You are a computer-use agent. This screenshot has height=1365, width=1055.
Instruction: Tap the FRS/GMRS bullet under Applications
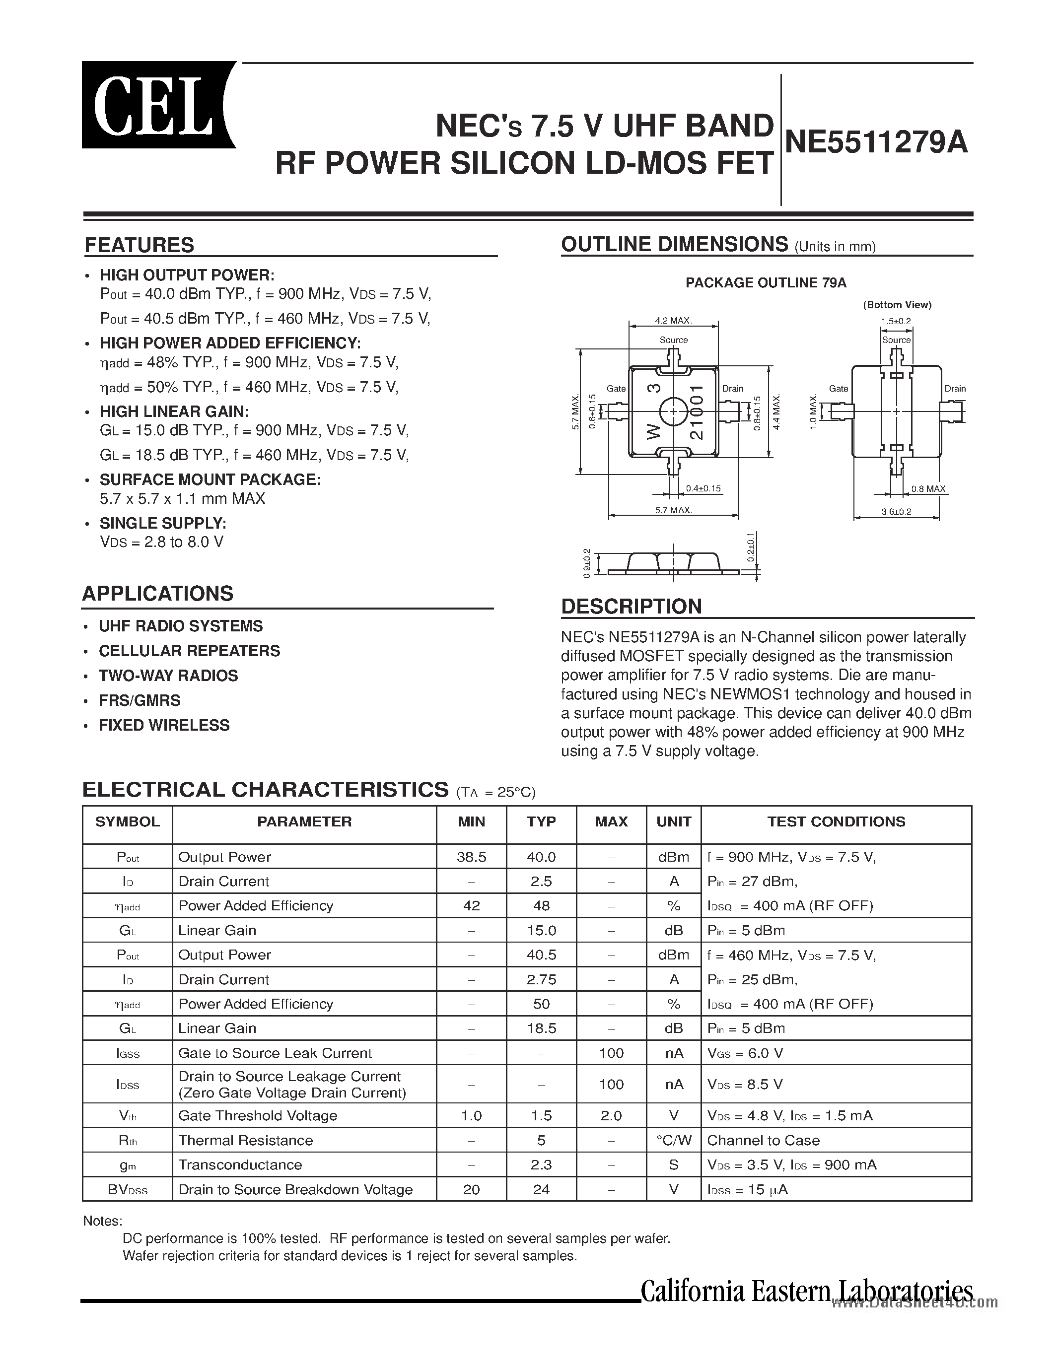point(140,701)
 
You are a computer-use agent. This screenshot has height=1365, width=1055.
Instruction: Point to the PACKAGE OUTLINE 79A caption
point(766,283)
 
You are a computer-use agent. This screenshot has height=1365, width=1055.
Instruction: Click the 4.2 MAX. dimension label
point(673,321)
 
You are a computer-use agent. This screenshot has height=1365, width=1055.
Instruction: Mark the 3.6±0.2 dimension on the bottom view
point(896,511)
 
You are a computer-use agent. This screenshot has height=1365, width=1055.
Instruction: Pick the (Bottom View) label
point(897,305)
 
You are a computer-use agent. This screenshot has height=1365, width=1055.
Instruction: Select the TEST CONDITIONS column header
point(836,821)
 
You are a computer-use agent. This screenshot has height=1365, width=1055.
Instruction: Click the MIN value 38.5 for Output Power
point(471,857)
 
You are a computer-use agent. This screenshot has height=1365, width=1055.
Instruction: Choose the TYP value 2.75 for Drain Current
point(541,979)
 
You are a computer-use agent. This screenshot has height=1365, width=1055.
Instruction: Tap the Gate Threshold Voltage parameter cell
point(258,1116)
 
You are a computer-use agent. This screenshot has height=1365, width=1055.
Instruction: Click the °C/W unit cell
point(674,1140)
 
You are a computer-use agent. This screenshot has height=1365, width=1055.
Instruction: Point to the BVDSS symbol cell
point(128,1189)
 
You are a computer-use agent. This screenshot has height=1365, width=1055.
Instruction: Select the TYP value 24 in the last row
point(541,1189)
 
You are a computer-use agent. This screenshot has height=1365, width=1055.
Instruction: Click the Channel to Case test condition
point(763,1140)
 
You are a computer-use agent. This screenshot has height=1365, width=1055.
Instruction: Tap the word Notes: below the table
point(102,1221)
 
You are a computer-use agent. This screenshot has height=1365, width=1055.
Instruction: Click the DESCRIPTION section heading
point(631,606)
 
